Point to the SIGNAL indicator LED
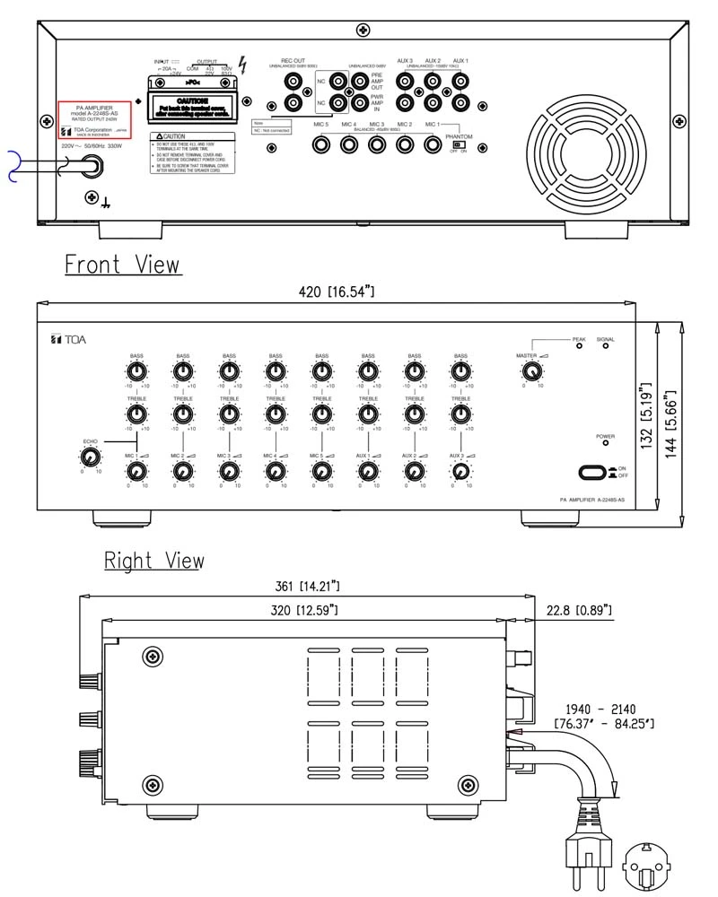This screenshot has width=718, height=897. point(605,347)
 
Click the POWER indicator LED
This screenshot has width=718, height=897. point(605,443)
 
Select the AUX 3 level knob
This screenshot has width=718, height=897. point(460,471)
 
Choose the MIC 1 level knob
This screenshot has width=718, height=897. point(136,471)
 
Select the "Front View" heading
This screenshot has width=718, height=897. point(122,265)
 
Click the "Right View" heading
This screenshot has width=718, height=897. point(153,561)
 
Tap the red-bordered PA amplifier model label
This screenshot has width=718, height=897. point(94,118)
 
